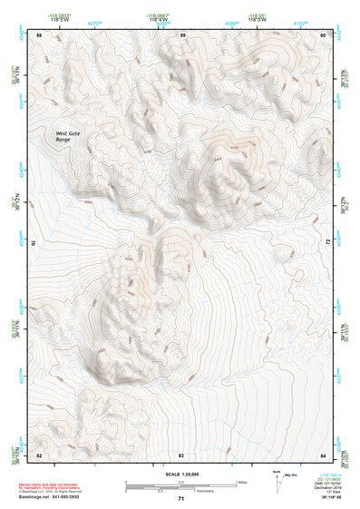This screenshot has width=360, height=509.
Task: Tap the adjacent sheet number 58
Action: coord(39,34)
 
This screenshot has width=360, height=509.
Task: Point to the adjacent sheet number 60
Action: coord(324,34)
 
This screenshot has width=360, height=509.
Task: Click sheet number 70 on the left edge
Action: coord(35,243)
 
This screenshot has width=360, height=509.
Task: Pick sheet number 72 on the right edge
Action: coord(327,243)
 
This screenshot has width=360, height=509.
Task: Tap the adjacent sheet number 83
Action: coord(181,453)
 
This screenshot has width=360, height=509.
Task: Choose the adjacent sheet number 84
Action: coord(324,453)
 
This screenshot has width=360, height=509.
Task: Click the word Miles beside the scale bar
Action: coord(241,482)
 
